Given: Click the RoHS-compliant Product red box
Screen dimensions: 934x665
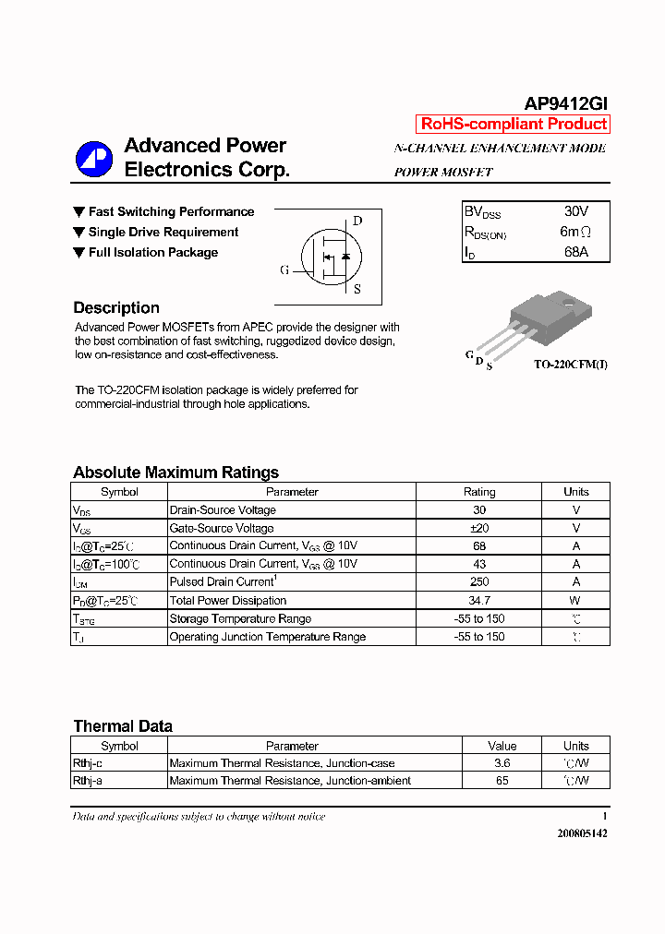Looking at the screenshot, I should pos(514,124).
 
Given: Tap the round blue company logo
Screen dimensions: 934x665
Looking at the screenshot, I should pos(93,159).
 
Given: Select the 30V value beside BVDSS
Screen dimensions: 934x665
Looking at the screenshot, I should pos(575,211).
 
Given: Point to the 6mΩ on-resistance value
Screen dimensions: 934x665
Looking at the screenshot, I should pos(575,232).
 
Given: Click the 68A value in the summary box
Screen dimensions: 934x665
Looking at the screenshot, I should pos(575,252).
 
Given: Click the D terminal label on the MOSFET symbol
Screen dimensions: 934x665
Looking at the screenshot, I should pos(357,221).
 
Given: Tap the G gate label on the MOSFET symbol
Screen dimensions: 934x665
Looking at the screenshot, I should pos(284,270).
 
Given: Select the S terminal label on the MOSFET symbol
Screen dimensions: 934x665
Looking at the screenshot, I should pos(357,289).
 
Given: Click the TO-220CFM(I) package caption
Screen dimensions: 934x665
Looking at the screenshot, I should pos(570,365).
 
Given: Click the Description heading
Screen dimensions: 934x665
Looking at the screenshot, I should pos(116,308).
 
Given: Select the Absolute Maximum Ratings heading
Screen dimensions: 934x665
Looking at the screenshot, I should pos(175,473).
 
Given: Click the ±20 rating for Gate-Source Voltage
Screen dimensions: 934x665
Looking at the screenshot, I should pos(479,528).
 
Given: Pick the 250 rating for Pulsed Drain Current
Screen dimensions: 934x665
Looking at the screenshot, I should pos(479,582).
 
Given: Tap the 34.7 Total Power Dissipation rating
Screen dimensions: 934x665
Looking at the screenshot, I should pos(479,601).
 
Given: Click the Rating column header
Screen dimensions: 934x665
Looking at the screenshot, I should pos(479,492).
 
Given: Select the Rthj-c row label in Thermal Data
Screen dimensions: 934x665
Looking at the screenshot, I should pos(88,763).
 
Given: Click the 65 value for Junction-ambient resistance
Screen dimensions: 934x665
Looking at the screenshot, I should pos(502,781).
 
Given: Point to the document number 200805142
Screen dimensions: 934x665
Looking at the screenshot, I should pos(582,832).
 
